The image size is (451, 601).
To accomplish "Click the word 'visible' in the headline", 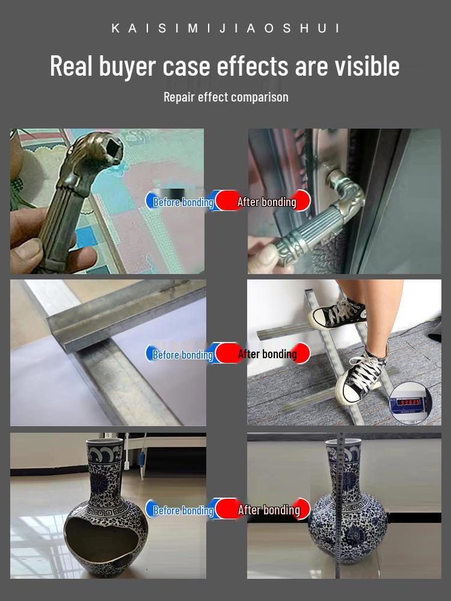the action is click(x=367, y=66).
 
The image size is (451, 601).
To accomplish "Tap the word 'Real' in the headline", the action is click(x=71, y=66).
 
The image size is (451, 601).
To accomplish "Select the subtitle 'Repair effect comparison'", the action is click(x=226, y=97).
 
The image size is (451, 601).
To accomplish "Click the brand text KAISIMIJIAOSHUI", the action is click(x=226, y=28).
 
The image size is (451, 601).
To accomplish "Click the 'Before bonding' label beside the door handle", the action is click(x=183, y=202).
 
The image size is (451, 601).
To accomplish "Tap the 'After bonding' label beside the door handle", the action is click(x=267, y=201).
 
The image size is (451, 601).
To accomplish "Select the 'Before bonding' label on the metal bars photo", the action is click(x=183, y=355).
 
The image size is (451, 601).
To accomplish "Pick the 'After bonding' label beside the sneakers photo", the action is click(x=268, y=354).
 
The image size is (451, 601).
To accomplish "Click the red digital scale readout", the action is click(x=409, y=402).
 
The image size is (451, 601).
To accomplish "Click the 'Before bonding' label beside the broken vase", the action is click(x=183, y=510).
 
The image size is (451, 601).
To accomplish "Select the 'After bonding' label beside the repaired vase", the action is click(x=269, y=510).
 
